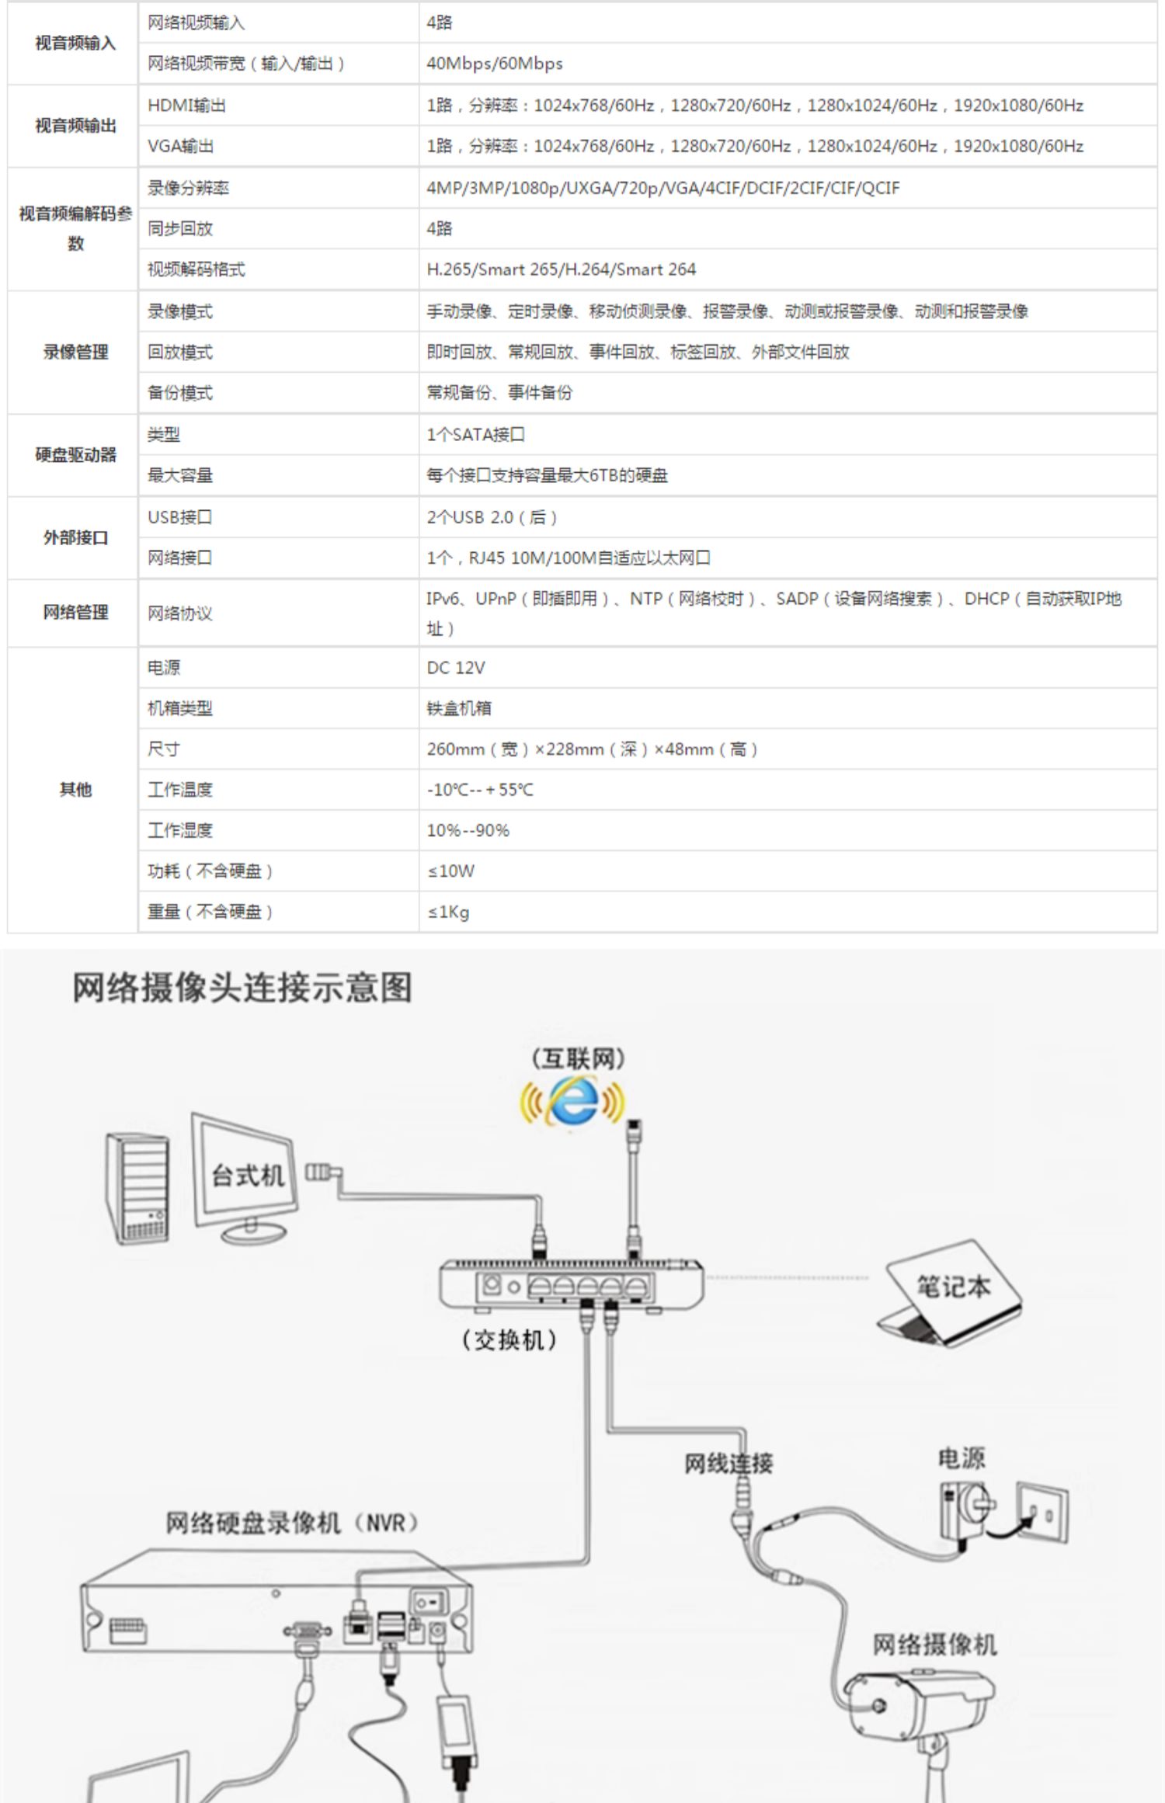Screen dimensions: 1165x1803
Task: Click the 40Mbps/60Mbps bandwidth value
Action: (495, 64)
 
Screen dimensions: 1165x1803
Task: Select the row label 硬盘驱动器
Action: (75, 455)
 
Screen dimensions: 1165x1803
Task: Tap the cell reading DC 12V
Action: (456, 668)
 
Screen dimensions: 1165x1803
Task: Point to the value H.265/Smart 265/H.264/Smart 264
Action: (561, 269)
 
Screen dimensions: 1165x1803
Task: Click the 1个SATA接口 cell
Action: (475, 435)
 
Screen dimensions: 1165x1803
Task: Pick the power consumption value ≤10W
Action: (450, 871)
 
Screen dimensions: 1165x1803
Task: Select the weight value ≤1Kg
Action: (448, 912)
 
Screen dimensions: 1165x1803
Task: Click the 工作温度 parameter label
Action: (180, 790)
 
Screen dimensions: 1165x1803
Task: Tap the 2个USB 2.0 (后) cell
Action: (492, 517)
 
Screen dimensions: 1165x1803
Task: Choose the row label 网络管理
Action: (75, 613)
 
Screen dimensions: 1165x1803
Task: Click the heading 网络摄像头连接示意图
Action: (242, 988)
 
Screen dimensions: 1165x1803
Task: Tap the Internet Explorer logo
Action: (573, 1101)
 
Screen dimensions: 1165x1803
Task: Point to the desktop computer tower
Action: (137, 1188)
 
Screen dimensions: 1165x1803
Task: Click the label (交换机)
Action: (509, 1339)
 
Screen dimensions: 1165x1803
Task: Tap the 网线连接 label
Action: (729, 1463)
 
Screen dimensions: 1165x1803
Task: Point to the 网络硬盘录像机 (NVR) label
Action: (292, 1523)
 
